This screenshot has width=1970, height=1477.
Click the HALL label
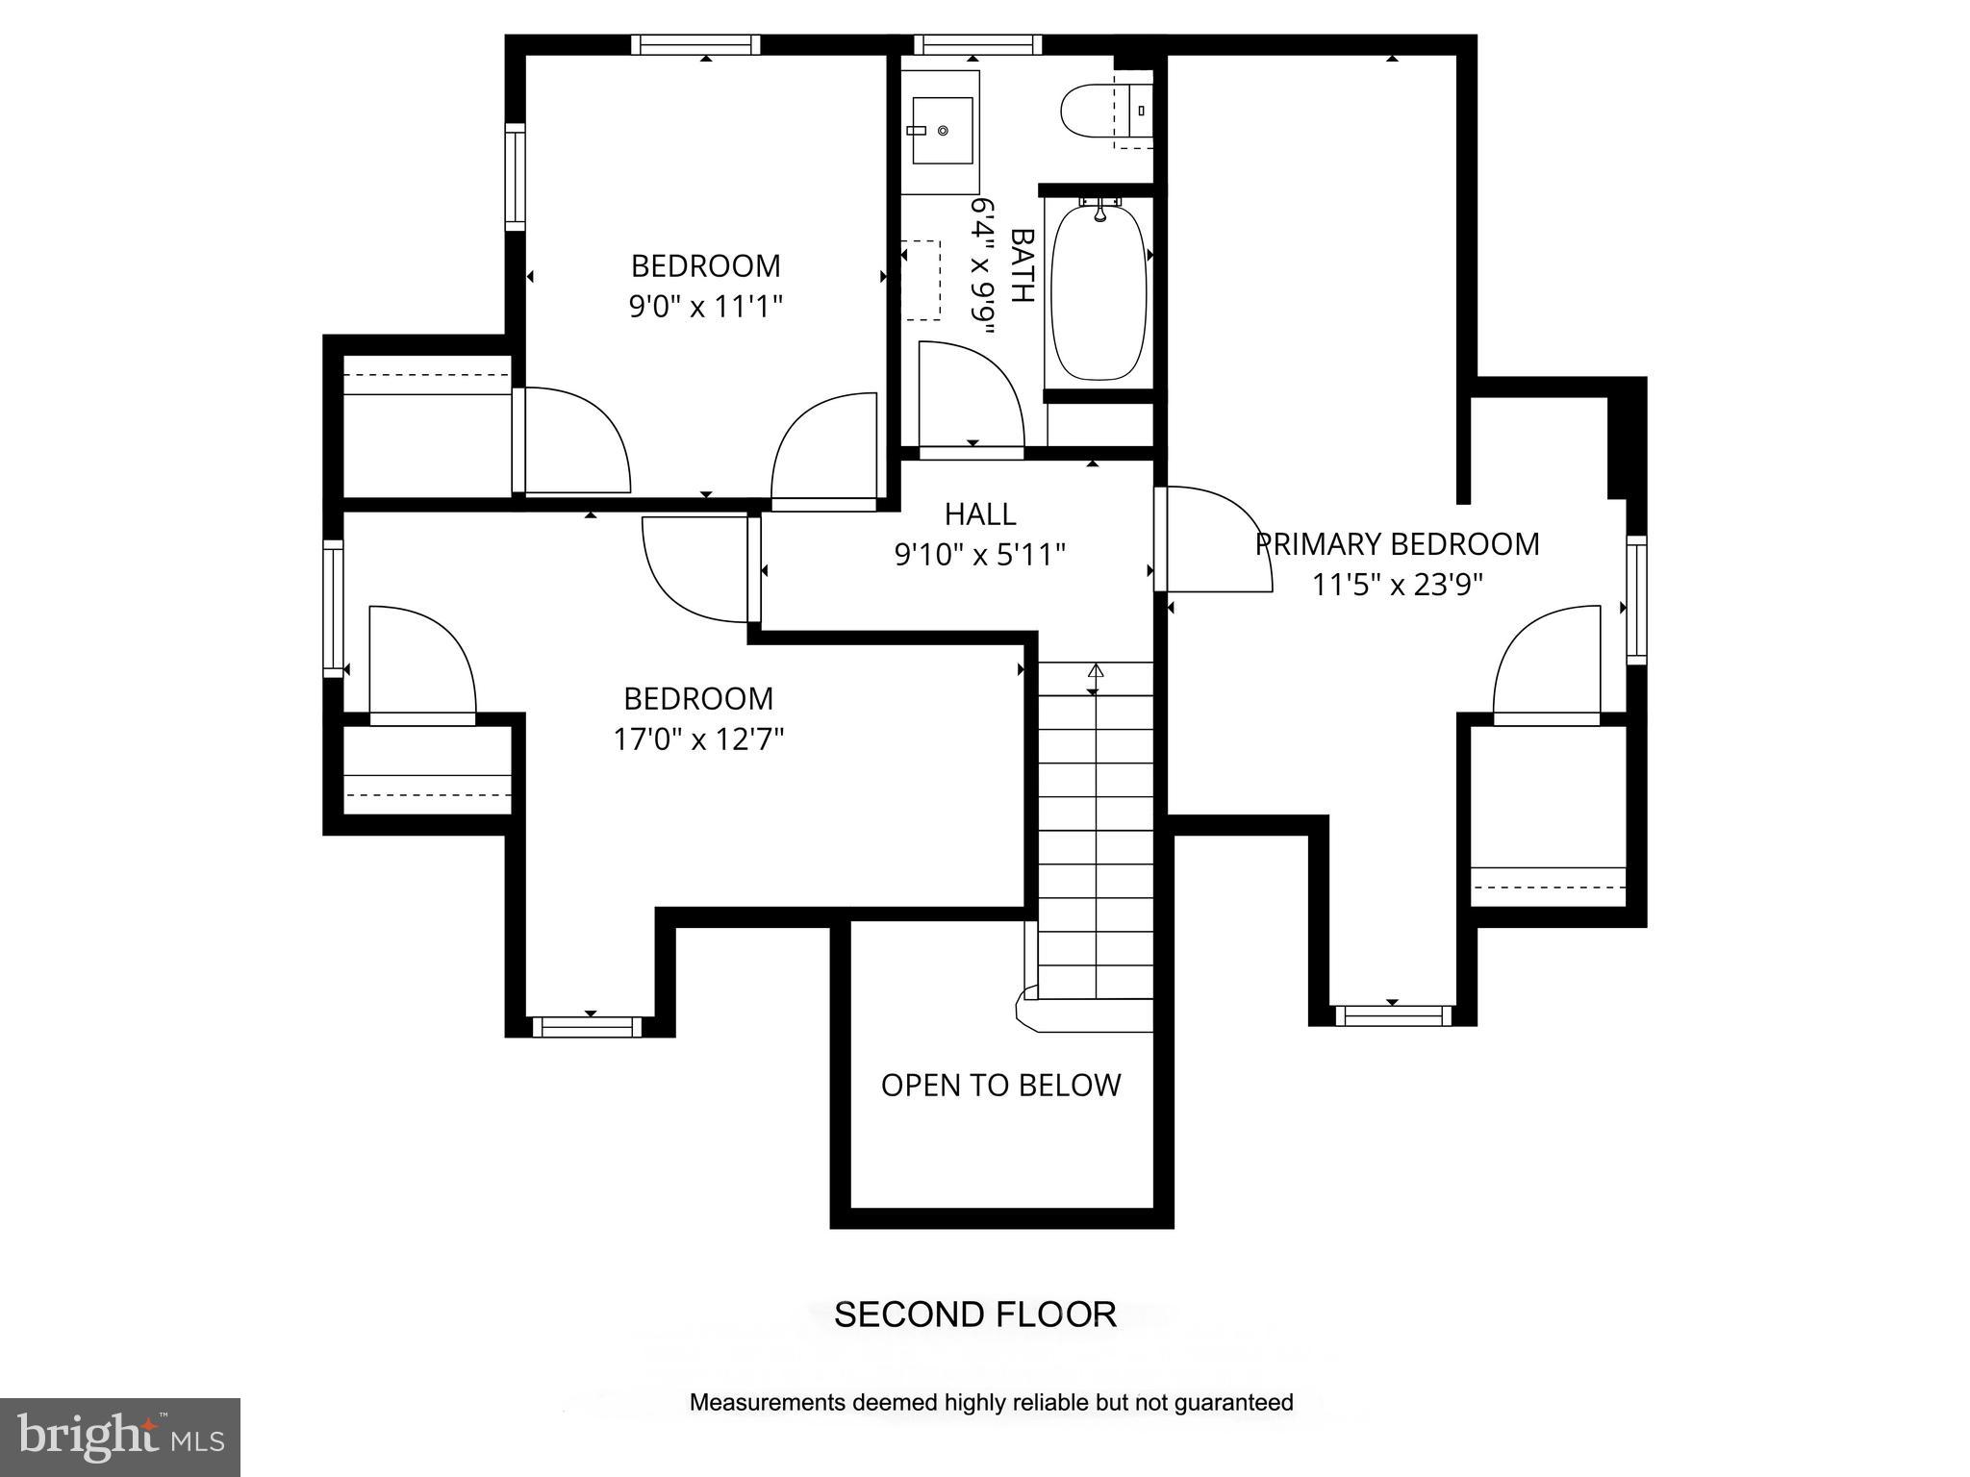click(x=979, y=514)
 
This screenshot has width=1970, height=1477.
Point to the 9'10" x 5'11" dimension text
click(x=979, y=555)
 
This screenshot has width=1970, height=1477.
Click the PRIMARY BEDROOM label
click(x=1397, y=544)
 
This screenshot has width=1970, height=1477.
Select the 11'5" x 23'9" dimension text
click(x=1397, y=585)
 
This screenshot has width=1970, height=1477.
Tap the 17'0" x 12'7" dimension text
click(x=698, y=739)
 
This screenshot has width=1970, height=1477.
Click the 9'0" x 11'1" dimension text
click(x=705, y=307)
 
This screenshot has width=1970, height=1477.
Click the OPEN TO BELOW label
click(x=1000, y=1086)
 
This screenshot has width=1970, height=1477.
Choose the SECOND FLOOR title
click(x=974, y=1314)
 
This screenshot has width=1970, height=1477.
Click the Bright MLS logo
click(x=119, y=1437)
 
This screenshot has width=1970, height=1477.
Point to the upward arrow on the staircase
click(x=1095, y=670)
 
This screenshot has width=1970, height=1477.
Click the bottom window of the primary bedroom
click(x=1392, y=1014)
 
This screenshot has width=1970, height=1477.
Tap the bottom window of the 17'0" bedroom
click(x=587, y=1026)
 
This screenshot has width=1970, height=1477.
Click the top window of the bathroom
click(x=976, y=44)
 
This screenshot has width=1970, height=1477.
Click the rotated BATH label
click(x=1022, y=265)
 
